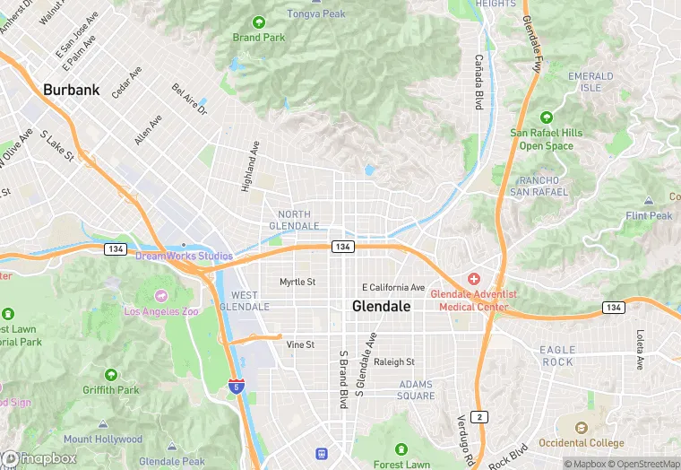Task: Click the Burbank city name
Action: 72,90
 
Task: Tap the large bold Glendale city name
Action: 382,307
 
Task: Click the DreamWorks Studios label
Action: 184,256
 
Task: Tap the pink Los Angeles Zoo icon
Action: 161,295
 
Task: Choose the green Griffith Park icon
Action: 111,374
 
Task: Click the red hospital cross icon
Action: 473,278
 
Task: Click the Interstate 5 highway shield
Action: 236,387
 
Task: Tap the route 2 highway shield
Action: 481,416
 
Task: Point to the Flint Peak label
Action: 649,216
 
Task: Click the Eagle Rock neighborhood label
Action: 557,355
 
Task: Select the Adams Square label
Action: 416,390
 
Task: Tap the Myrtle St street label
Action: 297,282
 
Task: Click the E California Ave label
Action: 393,287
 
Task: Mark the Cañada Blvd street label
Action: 479,83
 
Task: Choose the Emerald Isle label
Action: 590,82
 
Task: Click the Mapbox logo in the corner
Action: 39,458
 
